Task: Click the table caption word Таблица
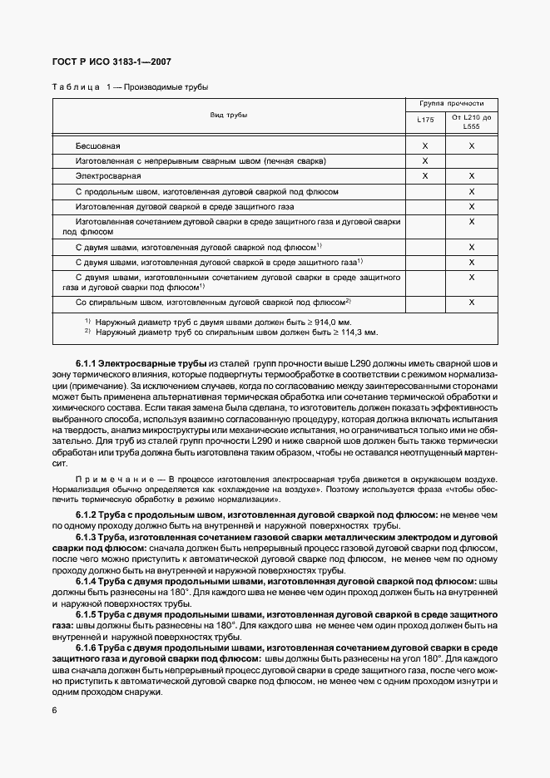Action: pyautogui.click(x=76, y=87)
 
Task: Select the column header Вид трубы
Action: pyautogui.click(x=228, y=115)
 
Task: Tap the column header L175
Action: pyautogui.click(x=425, y=120)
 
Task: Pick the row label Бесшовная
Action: pyautogui.click(x=98, y=145)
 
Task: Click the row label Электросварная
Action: pyautogui.click(x=105, y=176)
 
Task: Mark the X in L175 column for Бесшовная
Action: pyautogui.click(x=425, y=145)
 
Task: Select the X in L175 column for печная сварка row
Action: pyautogui.click(x=425, y=160)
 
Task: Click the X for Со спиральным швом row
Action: pyautogui.click(x=472, y=302)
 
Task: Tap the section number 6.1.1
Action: pyautogui.click(x=87, y=364)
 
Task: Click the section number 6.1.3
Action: pyautogui.click(x=87, y=540)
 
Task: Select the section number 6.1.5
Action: pyautogui.click(x=87, y=613)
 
